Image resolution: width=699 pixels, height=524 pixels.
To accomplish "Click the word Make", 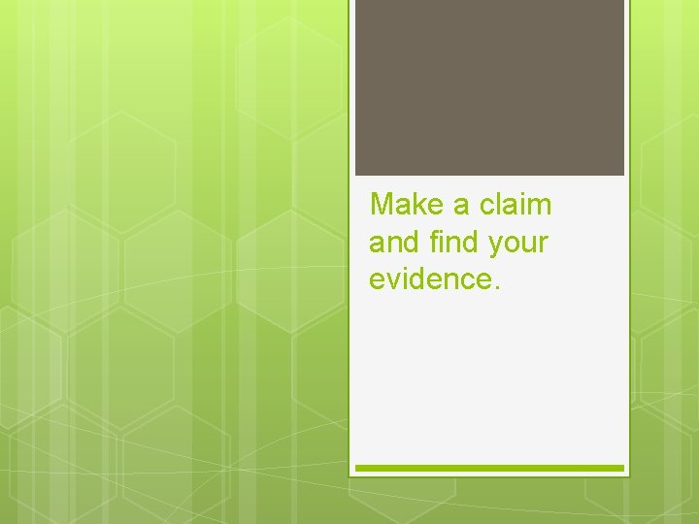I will (409, 205).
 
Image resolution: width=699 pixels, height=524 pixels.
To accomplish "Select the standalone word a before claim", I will (462, 206).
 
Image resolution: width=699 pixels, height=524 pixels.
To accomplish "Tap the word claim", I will (516, 205).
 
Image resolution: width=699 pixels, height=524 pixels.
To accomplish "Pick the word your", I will (518, 244).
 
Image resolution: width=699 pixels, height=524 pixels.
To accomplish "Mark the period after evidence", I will (497, 286).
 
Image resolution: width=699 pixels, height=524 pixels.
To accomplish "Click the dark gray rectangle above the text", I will (489, 87).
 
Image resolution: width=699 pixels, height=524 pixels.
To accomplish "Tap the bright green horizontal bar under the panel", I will (489, 468).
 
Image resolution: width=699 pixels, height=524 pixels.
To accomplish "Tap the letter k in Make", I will (422, 205).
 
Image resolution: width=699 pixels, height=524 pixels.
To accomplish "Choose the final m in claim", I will (540, 206).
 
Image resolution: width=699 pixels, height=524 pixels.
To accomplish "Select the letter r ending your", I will (543, 244).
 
